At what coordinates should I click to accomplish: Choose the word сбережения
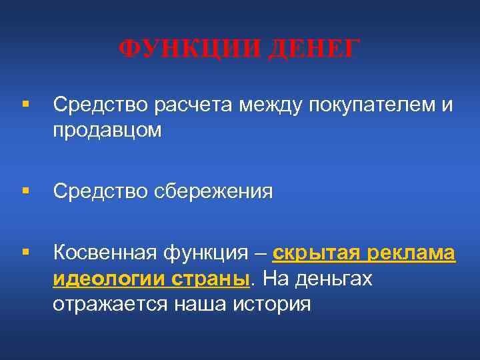[x=215, y=192]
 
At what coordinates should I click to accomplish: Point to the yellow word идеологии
[x=102, y=279]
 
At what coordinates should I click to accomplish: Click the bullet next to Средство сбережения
[x=25, y=192]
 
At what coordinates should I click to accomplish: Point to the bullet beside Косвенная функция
[x=25, y=253]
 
